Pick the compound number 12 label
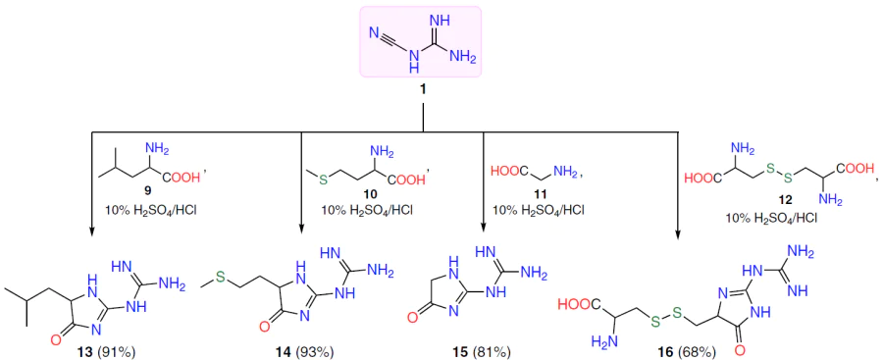point(771,200)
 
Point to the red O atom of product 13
point(55,338)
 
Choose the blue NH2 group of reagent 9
point(157,150)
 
